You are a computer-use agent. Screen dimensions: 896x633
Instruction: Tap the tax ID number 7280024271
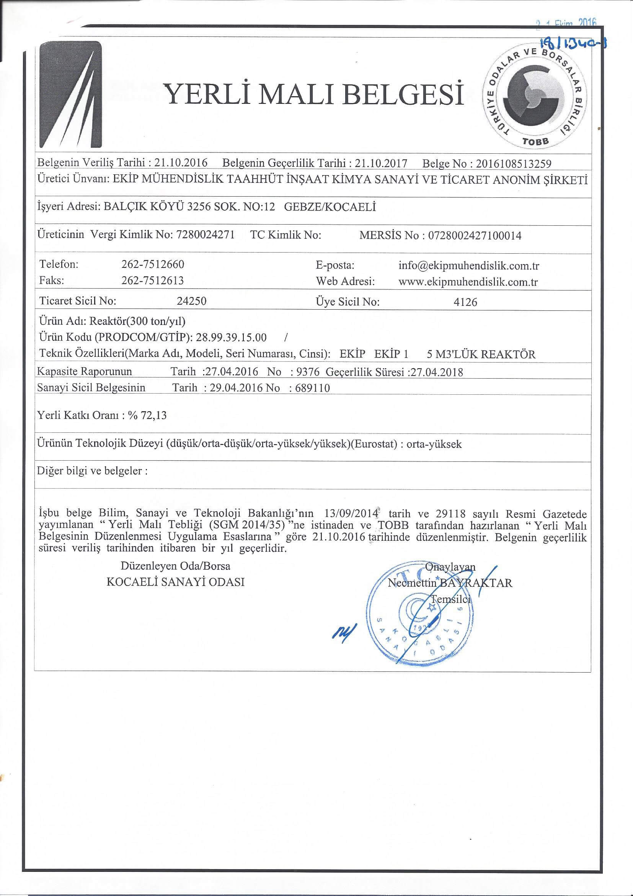pos(206,235)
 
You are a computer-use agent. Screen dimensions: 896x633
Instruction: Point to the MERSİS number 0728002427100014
pos(475,236)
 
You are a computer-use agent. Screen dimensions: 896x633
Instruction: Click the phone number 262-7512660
pos(153,264)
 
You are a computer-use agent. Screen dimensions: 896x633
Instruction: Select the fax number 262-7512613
pos(153,281)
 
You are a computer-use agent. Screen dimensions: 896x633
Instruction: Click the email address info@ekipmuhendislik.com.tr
pos(468,266)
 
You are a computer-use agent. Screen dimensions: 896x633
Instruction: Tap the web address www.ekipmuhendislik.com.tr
pos(468,282)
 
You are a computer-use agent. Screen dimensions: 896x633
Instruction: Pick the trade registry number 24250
pos(191,301)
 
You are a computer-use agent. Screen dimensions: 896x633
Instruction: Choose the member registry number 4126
pos(465,302)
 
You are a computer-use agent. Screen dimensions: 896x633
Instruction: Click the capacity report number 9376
pos(308,372)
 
